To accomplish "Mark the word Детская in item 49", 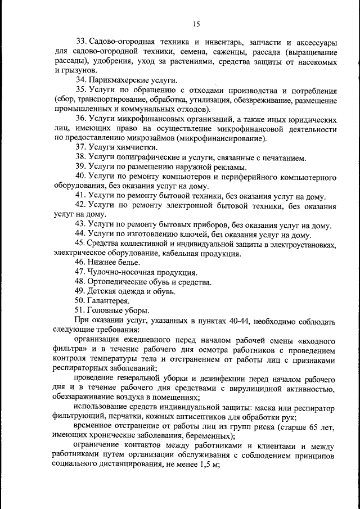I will pos(102,291).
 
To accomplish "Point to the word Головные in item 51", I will pos(104,310).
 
